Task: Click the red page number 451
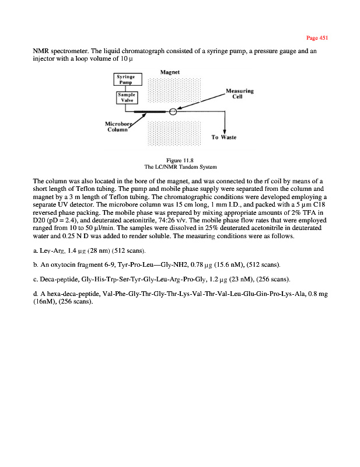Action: (x=317, y=38)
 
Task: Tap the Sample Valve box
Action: (x=125, y=97)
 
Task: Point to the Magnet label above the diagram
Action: (x=170, y=72)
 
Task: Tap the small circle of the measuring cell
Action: (x=173, y=111)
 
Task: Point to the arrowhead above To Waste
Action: (x=225, y=130)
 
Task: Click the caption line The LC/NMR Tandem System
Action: (x=180, y=166)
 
